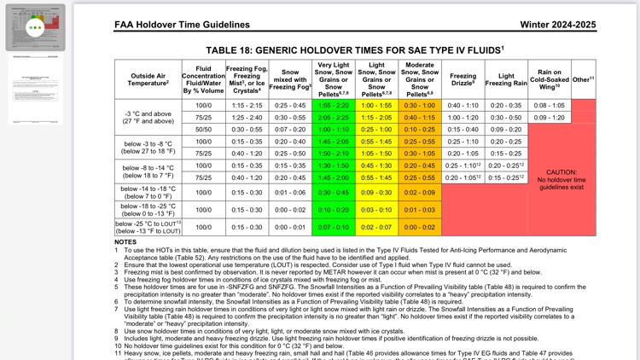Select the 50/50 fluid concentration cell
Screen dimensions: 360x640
(203, 129)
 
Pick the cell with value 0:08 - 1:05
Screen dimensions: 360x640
(549, 105)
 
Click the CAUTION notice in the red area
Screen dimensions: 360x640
(561, 177)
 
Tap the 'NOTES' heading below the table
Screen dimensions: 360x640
(125, 242)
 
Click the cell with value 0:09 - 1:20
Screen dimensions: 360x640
(549, 117)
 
